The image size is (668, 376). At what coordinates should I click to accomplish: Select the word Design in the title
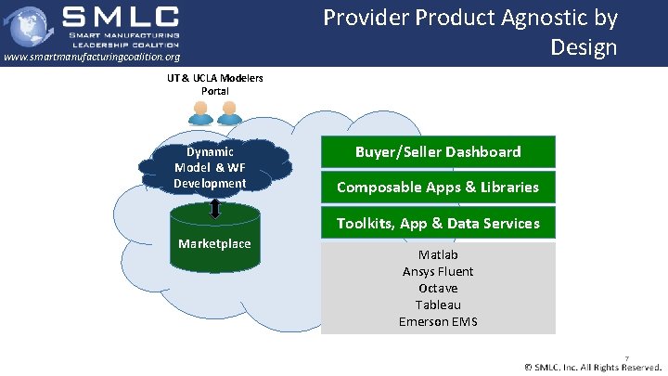tap(583, 46)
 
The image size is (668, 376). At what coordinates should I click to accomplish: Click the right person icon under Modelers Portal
tap(228, 113)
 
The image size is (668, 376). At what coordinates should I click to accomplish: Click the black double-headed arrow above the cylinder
tap(214, 209)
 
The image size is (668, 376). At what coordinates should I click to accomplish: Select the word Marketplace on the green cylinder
tap(214, 244)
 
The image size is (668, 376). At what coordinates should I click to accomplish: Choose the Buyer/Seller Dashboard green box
tap(438, 151)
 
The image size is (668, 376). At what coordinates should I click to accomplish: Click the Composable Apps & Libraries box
tap(438, 188)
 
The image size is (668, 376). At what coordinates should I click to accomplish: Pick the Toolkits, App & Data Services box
tap(438, 223)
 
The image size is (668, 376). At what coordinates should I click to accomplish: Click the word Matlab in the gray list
tap(438, 254)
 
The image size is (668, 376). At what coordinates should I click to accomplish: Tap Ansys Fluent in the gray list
tap(438, 271)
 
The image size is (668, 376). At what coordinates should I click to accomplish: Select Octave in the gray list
tap(438, 288)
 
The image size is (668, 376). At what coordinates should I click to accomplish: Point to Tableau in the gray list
tap(438, 305)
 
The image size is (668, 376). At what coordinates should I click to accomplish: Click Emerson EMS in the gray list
tap(438, 321)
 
